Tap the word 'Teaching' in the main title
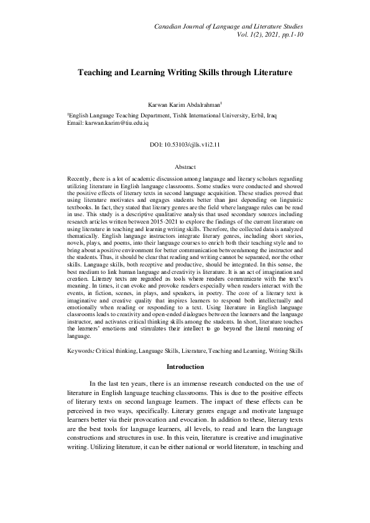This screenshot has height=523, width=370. click(x=96, y=73)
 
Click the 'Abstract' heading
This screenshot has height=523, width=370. click(x=185, y=167)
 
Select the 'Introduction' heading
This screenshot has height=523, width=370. click(x=185, y=366)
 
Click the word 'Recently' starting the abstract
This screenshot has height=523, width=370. click(x=79, y=178)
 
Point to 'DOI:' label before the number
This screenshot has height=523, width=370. click(x=157, y=144)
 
